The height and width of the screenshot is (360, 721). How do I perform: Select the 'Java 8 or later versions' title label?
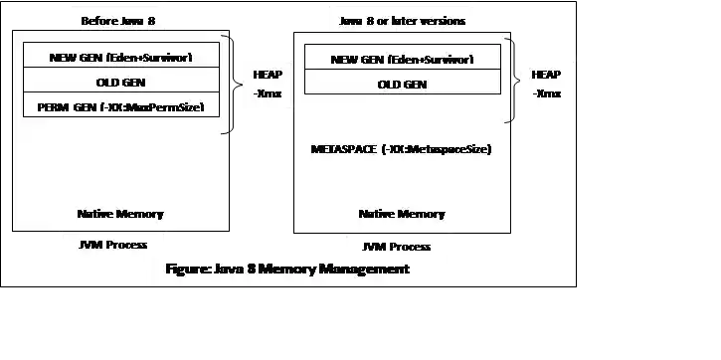coord(402,20)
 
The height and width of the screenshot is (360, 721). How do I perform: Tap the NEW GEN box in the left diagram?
coord(120,57)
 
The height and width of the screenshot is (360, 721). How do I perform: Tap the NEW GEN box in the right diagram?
coord(403,59)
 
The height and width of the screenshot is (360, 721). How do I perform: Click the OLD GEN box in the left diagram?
coord(120,81)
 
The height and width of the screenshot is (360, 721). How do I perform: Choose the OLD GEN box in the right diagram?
coord(403,84)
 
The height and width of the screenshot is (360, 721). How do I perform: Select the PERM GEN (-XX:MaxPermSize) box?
coord(120,105)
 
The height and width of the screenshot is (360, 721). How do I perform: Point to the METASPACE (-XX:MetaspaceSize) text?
coord(402,149)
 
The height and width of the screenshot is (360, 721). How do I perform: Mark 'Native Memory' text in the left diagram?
coord(120,214)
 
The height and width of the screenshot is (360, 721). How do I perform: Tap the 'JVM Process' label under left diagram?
coord(113,244)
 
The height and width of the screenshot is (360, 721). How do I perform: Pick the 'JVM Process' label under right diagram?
coord(397,247)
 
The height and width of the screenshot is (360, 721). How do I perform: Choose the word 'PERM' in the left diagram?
coord(52,105)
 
